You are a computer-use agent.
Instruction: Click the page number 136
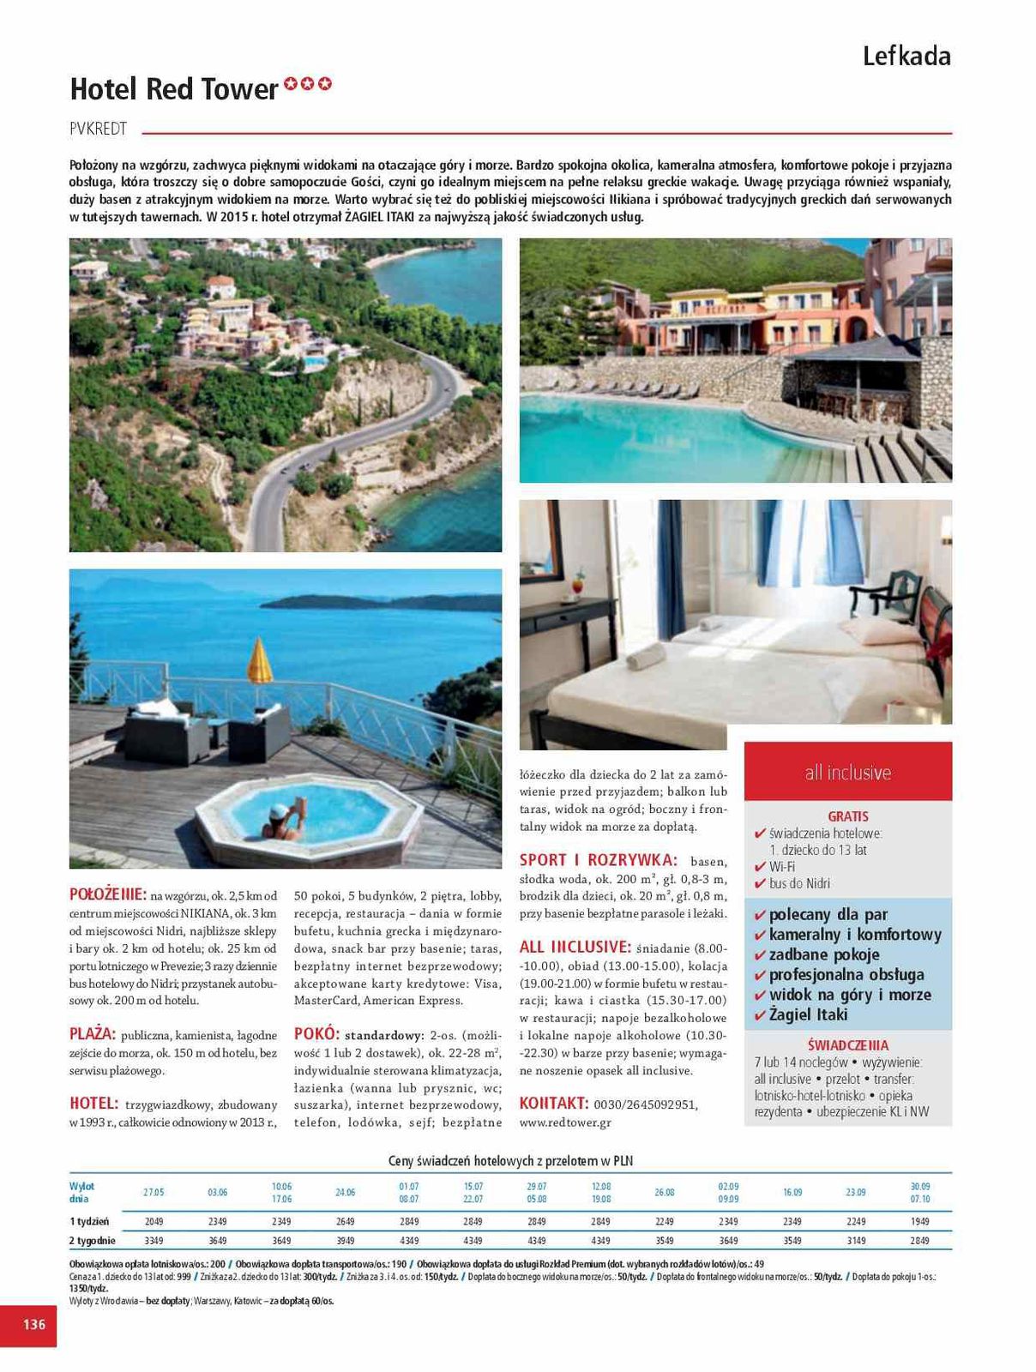tap(33, 1324)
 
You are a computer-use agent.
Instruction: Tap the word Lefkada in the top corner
tap(906, 57)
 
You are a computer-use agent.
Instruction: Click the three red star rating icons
tap(308, 85)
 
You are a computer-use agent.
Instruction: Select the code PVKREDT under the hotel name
tap(99, 129)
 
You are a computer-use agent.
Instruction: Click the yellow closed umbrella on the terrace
tap(259, 662)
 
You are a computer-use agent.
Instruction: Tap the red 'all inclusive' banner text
tap(847, 772)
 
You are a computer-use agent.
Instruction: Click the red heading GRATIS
tap(847, 816)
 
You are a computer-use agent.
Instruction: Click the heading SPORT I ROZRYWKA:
tap(598, 859)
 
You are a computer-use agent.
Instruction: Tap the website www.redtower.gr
tap(565, 1122)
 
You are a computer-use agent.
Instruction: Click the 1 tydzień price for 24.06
tap(345, 1221)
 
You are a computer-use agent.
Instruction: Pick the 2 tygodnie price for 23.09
tap(855, 1241)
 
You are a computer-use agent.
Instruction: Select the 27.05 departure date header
tap(154, 1192)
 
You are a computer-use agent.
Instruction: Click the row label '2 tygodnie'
tap(92, 1241)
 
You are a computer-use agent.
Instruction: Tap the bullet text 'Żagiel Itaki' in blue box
tap(808, 1014)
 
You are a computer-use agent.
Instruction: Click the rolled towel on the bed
tap(646, 659)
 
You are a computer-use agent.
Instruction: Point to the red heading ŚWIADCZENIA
tap(847, 1045)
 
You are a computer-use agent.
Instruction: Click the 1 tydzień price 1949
tap(919, 1221)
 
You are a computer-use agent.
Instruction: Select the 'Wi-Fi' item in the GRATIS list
tap(781, 866)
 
